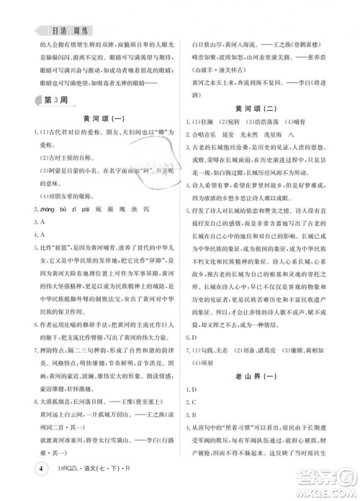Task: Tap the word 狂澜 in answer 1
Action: coord(216,123)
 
